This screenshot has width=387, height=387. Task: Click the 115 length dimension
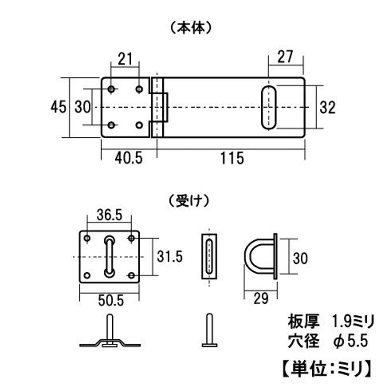tap(232, 158)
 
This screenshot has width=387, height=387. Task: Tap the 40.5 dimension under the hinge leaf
tap(129, 158)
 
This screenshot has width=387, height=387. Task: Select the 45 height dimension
tap(58, 107)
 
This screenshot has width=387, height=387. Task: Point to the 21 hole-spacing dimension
tap(125, 59)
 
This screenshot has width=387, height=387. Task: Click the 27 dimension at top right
tap(285, 57)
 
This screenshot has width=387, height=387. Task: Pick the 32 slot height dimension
tap(328, 107)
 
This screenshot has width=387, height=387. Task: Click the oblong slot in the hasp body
tap(269, 107)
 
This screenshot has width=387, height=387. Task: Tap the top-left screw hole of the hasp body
tap(111, 89)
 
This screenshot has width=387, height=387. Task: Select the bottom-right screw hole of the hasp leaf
tap(139, 125)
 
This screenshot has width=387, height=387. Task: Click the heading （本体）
tap(191, 28)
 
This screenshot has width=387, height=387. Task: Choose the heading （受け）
tap(189, 201)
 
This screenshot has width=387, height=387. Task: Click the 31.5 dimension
tap(170, 256)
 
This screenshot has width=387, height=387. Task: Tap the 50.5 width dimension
tap(111, 301)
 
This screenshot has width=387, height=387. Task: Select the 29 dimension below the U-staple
tap(261, 298)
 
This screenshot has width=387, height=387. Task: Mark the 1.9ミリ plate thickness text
tap(353, 322)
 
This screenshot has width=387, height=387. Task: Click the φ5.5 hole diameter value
tap(350, 341)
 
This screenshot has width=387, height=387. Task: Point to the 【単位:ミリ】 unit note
tap(326, 369)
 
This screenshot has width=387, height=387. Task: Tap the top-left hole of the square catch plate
tap(87, 238)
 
